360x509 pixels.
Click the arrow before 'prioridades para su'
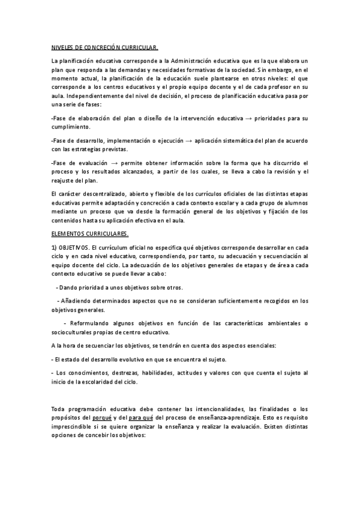pyautogui.click(x=248, y=119)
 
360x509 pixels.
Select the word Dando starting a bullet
pyautogui.click(x=68, y=287)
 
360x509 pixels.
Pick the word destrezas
pyautogui.click(x=113, y=373)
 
